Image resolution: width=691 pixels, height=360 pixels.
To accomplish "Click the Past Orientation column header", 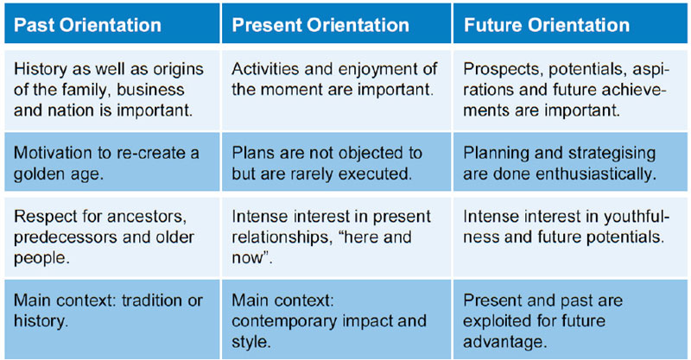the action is pos(112,23).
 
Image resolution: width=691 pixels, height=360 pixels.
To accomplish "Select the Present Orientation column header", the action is pos(336,23).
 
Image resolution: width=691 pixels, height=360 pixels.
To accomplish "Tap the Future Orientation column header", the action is pos(570,23).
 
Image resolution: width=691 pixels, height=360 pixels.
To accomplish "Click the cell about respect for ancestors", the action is pos(112,237).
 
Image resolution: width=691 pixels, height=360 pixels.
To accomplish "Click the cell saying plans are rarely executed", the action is pos(336,162).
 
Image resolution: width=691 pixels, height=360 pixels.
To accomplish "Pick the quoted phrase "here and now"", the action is pos(321,248).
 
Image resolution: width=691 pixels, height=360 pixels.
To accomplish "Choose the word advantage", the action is pos(505,343).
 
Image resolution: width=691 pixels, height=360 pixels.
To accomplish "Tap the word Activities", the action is pos(258,69).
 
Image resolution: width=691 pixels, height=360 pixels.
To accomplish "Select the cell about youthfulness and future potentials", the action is pos(570,237).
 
